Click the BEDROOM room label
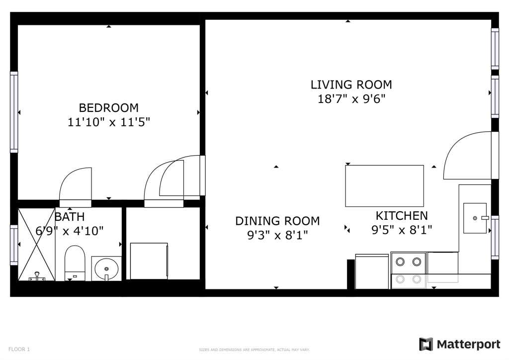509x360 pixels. [109, 108]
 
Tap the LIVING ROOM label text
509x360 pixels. [351, 85]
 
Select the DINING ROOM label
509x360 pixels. [277, 221]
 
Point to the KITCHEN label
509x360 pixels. [402, 215]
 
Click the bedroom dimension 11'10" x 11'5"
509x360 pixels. [109, 122]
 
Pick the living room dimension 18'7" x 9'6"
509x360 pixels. [351, 98]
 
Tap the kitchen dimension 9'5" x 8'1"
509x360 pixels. [402, 230]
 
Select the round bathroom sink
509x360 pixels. [106, 269]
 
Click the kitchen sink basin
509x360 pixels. [475, 218]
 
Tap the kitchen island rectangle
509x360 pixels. [384, 186]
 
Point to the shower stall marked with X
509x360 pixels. [36, 245]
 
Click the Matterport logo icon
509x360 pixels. [426, 345]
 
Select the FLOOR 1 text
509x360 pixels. [19, 349]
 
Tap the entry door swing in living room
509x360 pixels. [467, 155]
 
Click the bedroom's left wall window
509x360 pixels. [14, 112]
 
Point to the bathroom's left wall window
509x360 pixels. [14, 245]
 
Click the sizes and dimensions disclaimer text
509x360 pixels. [254, 350]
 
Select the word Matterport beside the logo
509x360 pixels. [468, 345]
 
